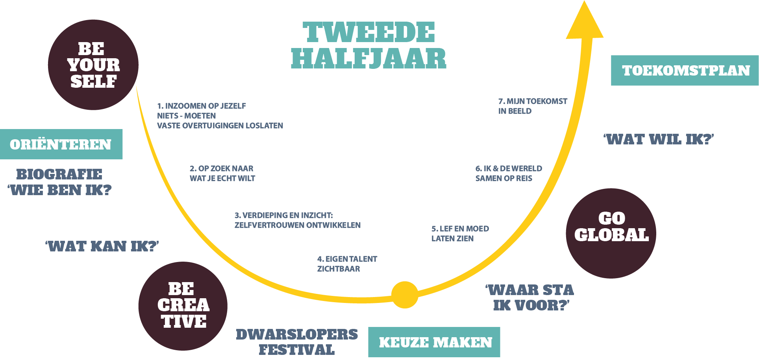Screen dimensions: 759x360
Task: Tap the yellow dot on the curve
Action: (x=405, y=295)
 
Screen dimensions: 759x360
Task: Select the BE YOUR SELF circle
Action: (x=93, y=65)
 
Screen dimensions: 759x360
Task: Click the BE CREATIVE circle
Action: (x=183, y=306)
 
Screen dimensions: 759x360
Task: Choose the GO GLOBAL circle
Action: (x=611, y=233)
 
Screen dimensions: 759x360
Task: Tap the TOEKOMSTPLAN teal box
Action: (x=685, y=70)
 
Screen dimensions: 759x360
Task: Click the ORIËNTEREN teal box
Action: (x=61, y=144)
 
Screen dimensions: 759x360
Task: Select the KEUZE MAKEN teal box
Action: (x=434, y=342)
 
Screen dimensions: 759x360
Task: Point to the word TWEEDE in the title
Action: (x=369, y=32)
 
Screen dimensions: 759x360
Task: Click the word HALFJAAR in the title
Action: (x=369, y=59)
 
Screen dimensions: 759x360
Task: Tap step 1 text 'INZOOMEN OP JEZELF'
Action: (x=202, y=106)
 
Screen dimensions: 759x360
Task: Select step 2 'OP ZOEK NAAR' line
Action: (x=222, y=168)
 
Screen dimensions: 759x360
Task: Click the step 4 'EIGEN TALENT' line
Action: (x=347, y=259)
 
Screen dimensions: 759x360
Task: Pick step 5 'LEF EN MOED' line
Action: (x=460, y=229)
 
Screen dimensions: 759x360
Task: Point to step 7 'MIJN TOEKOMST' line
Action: (x=533, y=101)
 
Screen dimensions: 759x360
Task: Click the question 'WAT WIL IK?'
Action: (x=659, y=139)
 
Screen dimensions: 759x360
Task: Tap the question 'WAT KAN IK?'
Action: (x=102, y=247)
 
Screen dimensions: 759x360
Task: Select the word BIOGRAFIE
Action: (x=59, y=174)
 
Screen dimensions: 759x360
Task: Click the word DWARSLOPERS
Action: (x=297, y=334)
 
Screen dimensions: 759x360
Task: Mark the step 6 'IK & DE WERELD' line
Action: (x=509, y=168)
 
